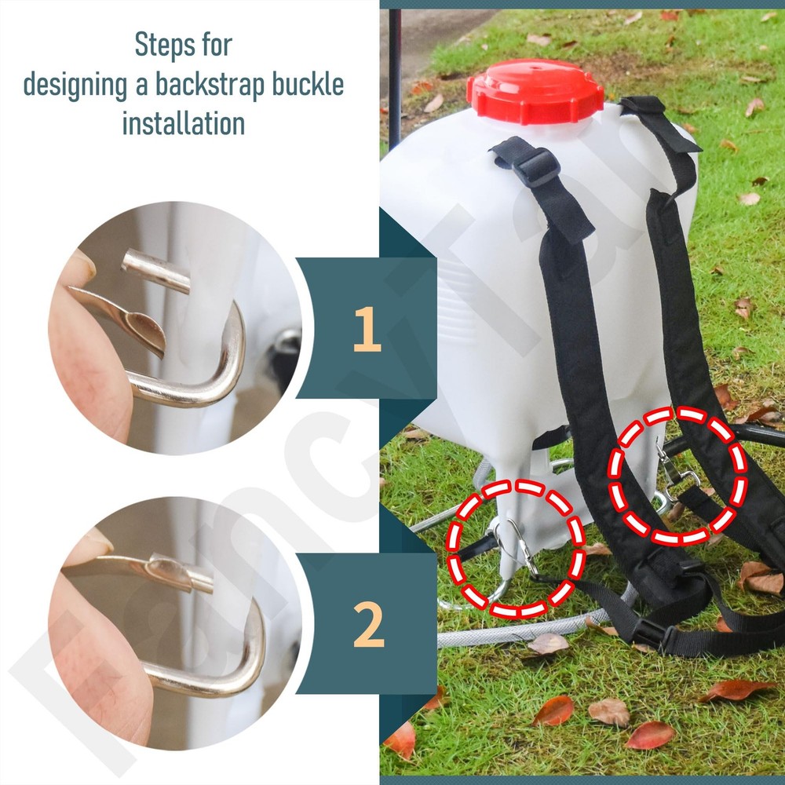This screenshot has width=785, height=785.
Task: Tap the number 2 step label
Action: coord(367,625)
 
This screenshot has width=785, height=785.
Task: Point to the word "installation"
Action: coord(183,124)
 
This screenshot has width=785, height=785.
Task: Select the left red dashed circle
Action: coord(515,549)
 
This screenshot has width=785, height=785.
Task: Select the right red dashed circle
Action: coord(677,476)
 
